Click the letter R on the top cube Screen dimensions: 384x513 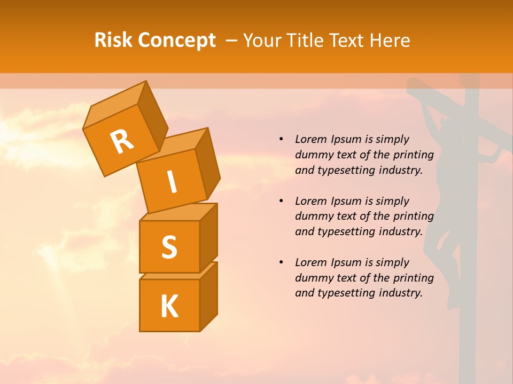[122, 141]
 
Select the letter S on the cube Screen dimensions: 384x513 [169, 247]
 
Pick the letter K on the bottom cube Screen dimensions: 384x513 [169, 307]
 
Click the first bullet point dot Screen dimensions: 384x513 [282, 139]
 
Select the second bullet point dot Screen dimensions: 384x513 [282, 201]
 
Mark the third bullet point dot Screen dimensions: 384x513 [282, 262]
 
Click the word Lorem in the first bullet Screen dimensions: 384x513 [310, 139]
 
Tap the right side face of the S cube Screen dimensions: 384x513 [208, 237]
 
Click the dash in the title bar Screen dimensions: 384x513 [231, 40]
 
